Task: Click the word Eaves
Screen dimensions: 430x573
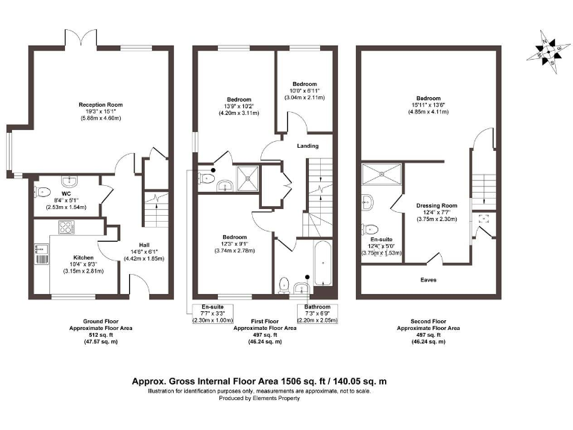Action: [x=428, y=280]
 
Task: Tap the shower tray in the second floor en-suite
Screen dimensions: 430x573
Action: [x=381, y=175]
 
